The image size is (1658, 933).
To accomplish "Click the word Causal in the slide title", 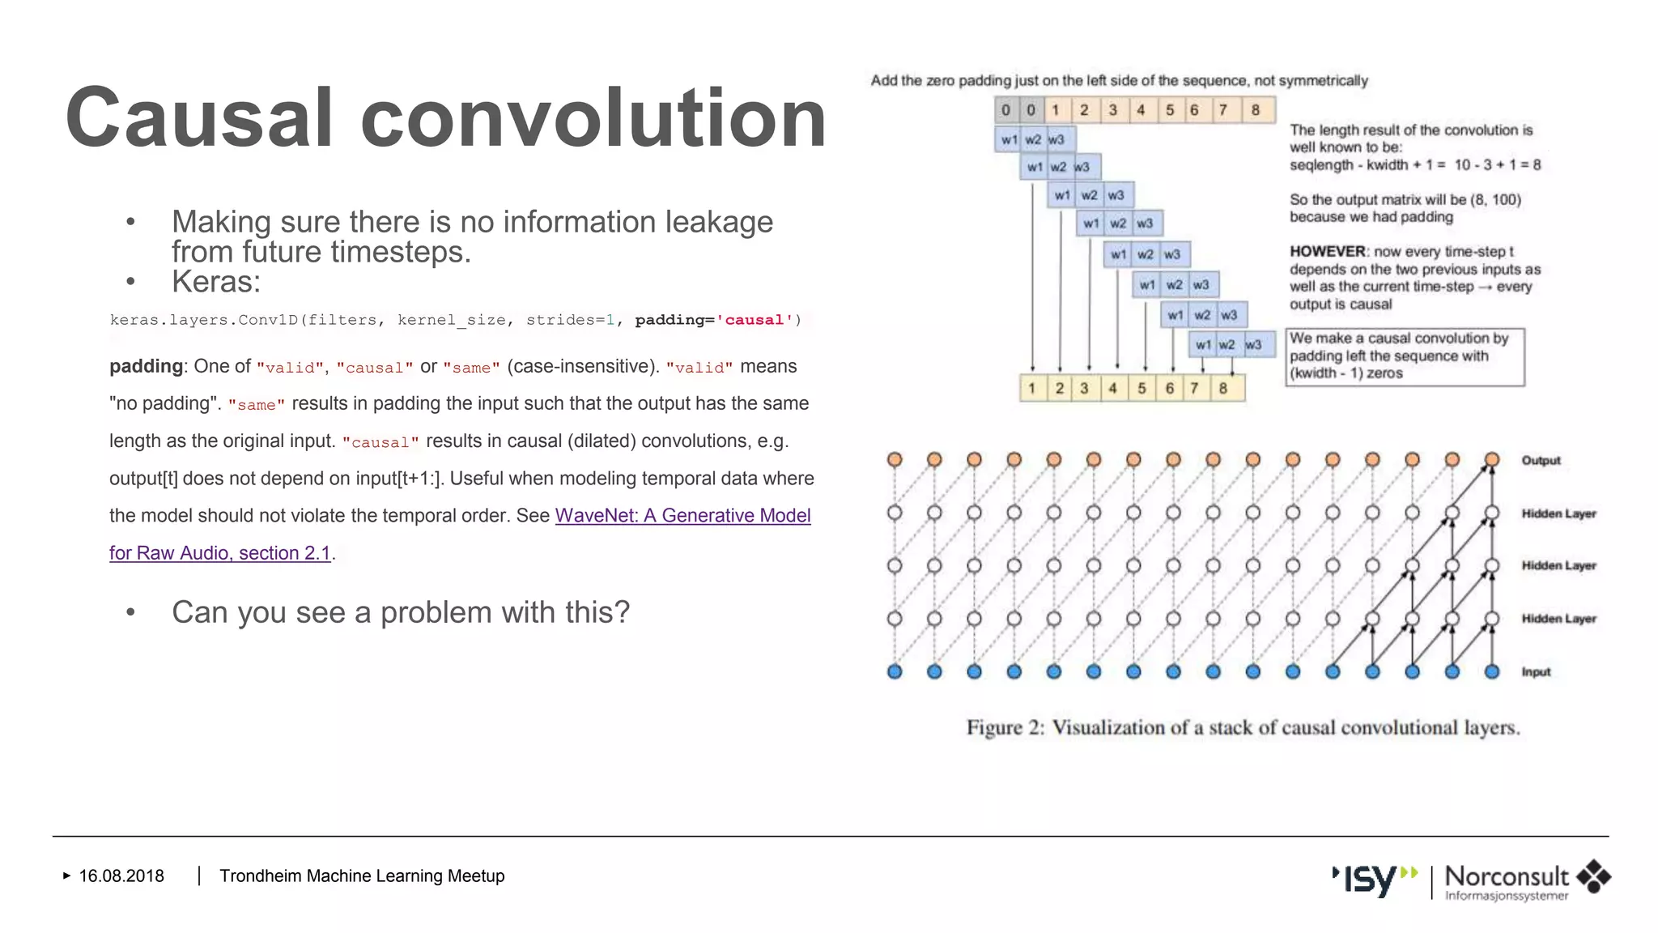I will click(198, 118).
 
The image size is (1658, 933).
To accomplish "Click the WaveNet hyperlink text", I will click(682, 516).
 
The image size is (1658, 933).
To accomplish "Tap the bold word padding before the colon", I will click(146, 366).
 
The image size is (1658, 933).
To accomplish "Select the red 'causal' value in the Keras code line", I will click(754, 320).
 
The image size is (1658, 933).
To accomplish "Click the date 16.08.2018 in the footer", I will click(121, 875).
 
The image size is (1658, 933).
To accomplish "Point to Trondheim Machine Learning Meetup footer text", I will click(362, 875).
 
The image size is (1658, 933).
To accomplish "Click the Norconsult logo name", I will click(1506, 876).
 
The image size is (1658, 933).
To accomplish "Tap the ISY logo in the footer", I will click(1373, 879).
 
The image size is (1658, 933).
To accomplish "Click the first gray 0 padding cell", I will click(1005, 110).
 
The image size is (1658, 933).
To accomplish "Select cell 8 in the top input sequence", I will click(1255, 110).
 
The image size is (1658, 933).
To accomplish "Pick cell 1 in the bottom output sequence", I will click(1031, 388).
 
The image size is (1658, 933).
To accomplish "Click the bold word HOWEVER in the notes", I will click(1328, 252).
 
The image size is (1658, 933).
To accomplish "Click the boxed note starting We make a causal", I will click(1404, 356).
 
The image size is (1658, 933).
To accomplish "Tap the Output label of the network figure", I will click(1540, 460).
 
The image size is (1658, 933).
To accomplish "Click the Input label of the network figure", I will click(1535, 671).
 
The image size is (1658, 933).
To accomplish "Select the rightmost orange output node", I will click(1492, 459).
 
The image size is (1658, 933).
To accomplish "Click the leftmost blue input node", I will click(895, 671).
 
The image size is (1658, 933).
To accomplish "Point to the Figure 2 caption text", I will click(1243, 727).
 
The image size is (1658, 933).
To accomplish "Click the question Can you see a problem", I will click(400, 612).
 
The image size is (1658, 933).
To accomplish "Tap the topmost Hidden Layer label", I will click(1558, 513).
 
